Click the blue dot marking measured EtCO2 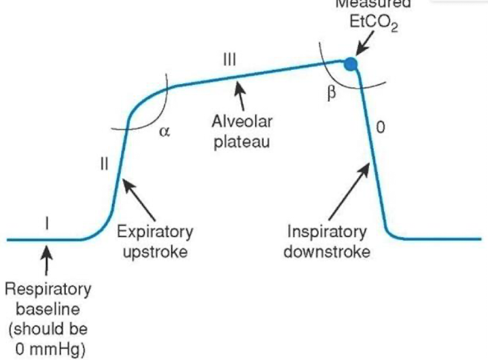point(350,65)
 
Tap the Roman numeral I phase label point(46,221)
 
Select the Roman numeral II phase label point(104,166)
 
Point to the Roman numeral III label point(230,60)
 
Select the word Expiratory point(155,232)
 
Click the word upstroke point(156,252)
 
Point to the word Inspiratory point(327,232)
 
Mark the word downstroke point(327,252)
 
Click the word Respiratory point(48,289)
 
